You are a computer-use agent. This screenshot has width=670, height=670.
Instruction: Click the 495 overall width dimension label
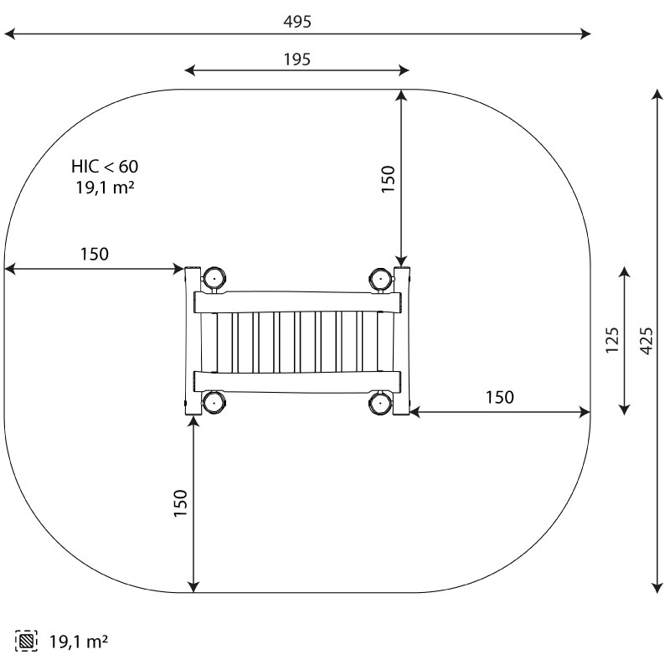click(297, 22)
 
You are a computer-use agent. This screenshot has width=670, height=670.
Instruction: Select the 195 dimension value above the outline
click(297, 59)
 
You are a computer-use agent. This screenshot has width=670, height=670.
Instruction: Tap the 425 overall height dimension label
click(647, 341)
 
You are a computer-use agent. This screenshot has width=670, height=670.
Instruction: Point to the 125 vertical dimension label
click(612, 340)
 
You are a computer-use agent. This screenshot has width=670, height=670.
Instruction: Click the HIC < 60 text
click(105, 167)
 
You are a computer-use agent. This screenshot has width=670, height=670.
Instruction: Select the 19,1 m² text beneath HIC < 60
click(106, 187)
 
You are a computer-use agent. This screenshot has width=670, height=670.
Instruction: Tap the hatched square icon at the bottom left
click(26, 641)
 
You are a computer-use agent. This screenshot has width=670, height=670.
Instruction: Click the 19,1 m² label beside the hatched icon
click(79, 642)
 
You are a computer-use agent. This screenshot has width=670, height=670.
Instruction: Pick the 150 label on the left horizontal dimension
click(95, 255)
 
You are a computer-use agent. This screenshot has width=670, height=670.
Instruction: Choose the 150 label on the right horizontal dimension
click(499, 397)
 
